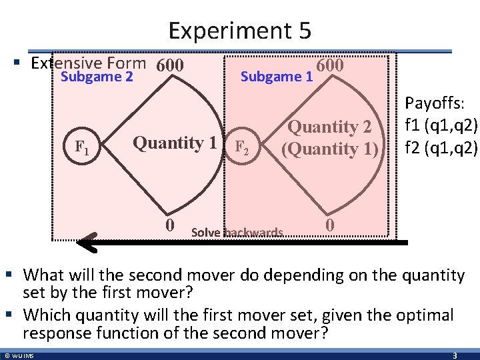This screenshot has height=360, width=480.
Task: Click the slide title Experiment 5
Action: [239, 31]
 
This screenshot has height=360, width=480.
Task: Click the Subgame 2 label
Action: [97, 77]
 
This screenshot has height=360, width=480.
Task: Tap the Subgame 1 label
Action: [276, 77]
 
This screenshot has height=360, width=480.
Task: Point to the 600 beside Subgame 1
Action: [330, 66]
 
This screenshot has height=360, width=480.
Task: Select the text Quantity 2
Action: [329, 127]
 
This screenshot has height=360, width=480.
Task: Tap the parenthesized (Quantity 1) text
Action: [329, 148]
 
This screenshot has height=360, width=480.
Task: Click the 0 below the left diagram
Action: [171, 224]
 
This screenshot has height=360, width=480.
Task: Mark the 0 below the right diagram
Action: [329, 225]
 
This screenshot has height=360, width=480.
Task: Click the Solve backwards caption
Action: [237, 233]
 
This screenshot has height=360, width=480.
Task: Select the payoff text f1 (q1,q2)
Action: [440, 125]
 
